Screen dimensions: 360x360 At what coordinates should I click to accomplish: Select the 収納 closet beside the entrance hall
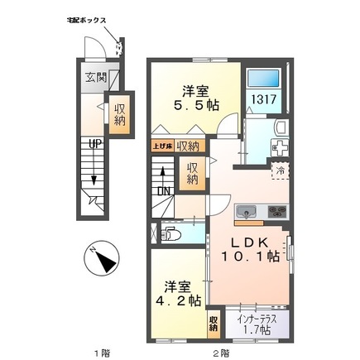click(x=119, y=112)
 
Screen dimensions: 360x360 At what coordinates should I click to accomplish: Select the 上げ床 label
click(x=161, y=146)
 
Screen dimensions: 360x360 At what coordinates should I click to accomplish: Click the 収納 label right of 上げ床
click(x=187, y=146)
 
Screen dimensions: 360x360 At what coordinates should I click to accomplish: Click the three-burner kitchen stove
click(x=275, y=213)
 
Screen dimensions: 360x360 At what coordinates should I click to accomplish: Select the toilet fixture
click(x=170, y=234)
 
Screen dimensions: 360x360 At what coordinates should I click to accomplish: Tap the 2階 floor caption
click(x=220, y=353)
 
